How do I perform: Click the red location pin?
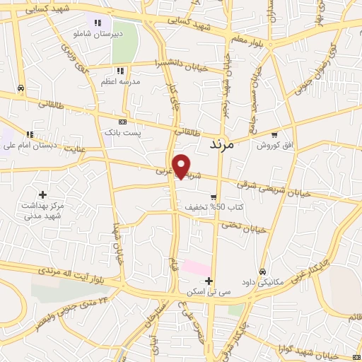point(182,165)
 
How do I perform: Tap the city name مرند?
point(226,144)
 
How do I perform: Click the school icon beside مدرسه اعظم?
point(121,71)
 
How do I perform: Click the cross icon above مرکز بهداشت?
point(43,194)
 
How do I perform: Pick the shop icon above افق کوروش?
point(274,134)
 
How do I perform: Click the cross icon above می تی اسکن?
point(209,281)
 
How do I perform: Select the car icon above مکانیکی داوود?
point(262,271)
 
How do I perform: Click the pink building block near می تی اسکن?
point(196,269)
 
